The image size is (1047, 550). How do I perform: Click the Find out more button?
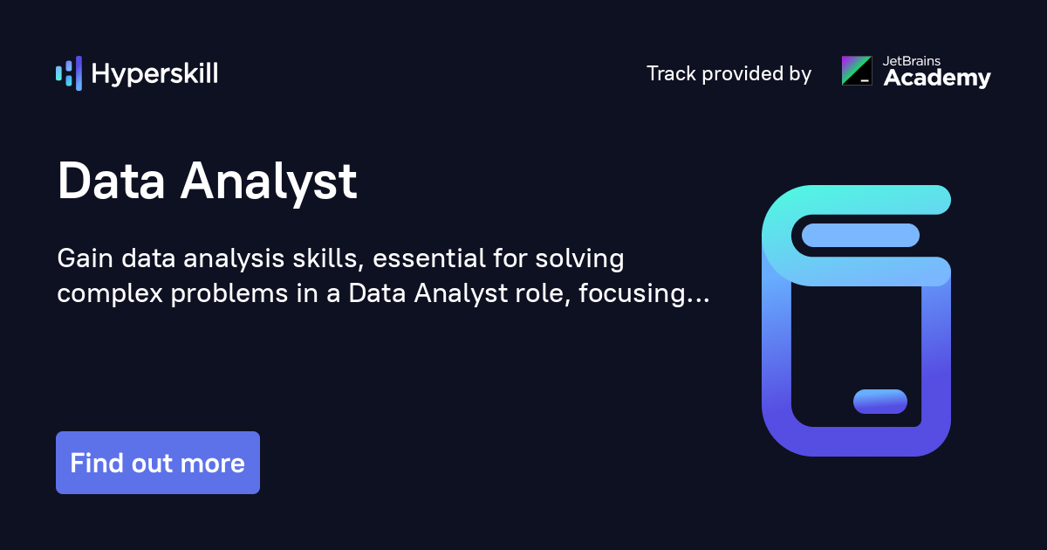(x=158, y=463)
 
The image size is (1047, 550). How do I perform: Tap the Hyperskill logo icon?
(x=68, y=73)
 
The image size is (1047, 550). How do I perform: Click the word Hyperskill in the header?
(x=154, y=74)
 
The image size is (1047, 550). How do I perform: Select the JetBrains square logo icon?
(x=856, y=71)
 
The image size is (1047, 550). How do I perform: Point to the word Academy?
(x=937, y=79)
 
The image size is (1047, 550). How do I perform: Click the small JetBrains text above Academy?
(x=914, y=61)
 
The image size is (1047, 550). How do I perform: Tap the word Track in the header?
(x=671, y=73)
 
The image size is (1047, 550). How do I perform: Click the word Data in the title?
(x=111, y=182)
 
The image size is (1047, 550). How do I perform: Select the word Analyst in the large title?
(x=269, y=182)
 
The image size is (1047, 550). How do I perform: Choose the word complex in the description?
(x=110, y=294)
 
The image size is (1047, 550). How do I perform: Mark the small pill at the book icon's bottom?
(x=879, y=402)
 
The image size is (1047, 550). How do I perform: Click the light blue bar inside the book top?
(x=860, y=235)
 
